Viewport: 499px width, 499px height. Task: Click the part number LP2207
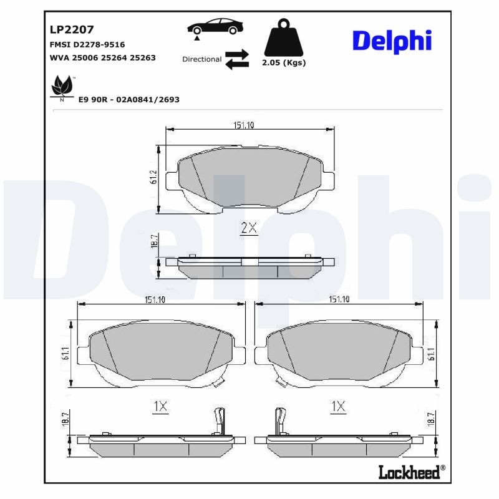71,29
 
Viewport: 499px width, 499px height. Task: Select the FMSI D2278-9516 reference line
87,44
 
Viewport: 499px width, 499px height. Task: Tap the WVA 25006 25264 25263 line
102,57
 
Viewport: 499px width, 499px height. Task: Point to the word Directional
201,59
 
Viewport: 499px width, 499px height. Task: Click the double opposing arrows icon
237,59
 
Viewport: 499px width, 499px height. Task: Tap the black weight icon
284,38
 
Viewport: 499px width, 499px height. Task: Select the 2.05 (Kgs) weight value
284,63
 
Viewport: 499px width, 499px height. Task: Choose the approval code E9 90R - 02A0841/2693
128,99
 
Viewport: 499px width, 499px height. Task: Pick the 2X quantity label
249,228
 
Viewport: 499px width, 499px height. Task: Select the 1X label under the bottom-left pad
160,407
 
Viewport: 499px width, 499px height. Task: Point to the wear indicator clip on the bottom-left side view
219,420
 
